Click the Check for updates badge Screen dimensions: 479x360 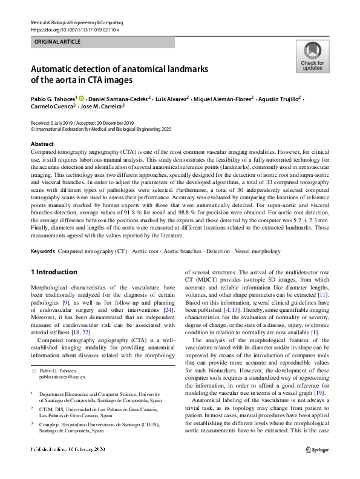(x=312, y=57)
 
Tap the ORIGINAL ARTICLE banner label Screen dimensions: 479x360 (x=58, y=42)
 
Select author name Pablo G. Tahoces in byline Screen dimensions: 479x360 (x=53, y=98)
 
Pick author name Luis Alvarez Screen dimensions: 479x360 (x=171, y=98)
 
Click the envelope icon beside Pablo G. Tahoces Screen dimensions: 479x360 (x=34, y=369)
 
